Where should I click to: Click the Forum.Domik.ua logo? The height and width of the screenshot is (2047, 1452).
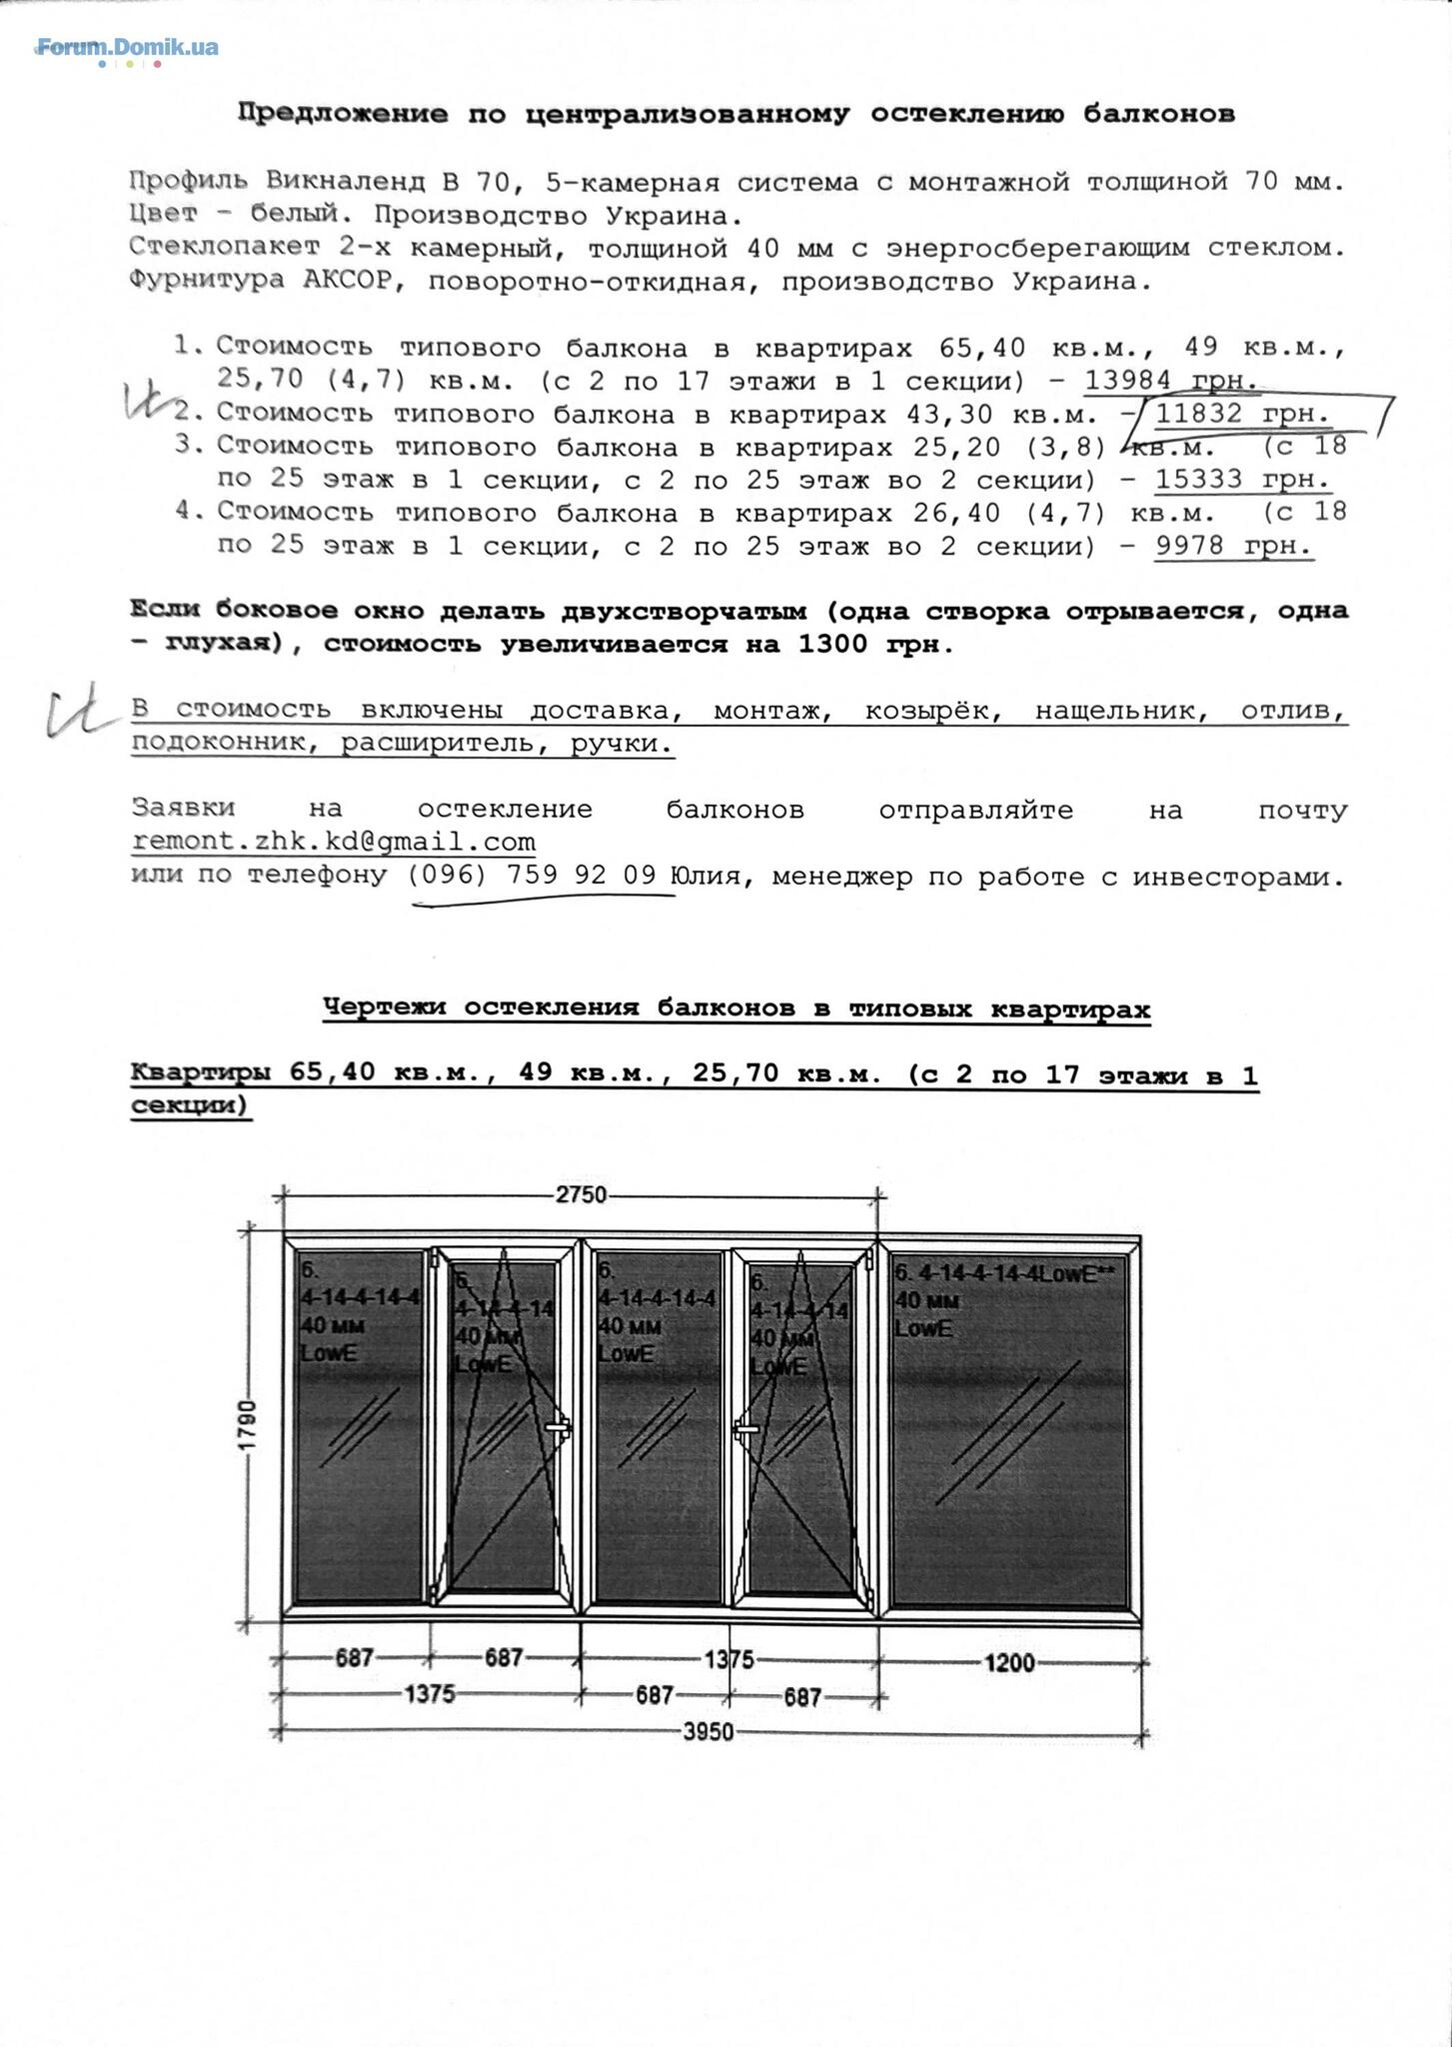click(x=127, y=47)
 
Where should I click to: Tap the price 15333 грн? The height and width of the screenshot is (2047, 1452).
click(x=1242, y=479)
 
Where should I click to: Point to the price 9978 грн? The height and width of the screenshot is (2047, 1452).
click(x=1233, y=546)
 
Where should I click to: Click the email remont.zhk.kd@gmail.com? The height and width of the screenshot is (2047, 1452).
click(x=334, y=842)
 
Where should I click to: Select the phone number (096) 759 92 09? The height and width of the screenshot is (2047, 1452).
click(x=532, y=876)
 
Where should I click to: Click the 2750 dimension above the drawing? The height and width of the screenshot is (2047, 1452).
click(x=581, y=1194)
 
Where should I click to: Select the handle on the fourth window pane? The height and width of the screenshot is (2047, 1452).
click(x=745, y=1431)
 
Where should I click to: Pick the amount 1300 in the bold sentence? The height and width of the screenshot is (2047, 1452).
click(x=832, y=645)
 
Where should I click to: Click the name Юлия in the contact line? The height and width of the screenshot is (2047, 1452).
click(x=706, y=877)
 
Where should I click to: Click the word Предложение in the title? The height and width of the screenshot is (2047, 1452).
click(x=342, y=114)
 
